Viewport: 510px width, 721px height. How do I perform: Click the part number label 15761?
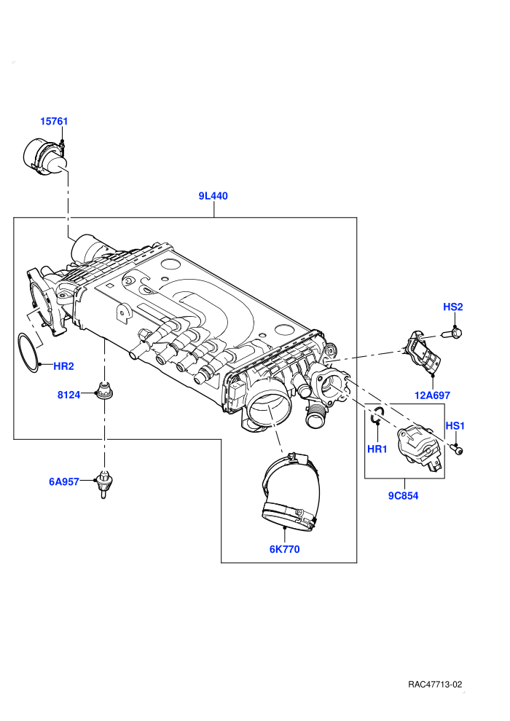(x=54, y=122)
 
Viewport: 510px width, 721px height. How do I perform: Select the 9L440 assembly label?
(x=213, y=196)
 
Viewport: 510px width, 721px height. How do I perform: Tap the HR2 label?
(x=63, y=366)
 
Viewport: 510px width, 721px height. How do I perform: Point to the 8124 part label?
(x=69, y=395)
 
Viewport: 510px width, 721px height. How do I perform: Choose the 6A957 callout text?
(x=64, y=482)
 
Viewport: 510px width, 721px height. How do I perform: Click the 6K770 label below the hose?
(x=285, y=549)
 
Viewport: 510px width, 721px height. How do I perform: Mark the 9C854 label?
(x=404, y=496)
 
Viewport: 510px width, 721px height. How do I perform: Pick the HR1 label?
(x=377, y=449)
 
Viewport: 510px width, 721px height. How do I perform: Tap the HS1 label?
(x=455, y=426)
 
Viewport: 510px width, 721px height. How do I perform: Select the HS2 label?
(x=453, y=307)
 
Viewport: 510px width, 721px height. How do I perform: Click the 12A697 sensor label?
(x=432, y=395)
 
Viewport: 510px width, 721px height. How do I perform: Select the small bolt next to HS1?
(x=457, y=449)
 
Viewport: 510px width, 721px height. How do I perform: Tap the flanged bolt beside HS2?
(x=453, y=332)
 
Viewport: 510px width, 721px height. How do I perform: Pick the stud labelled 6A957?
(x=104, y=484)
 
